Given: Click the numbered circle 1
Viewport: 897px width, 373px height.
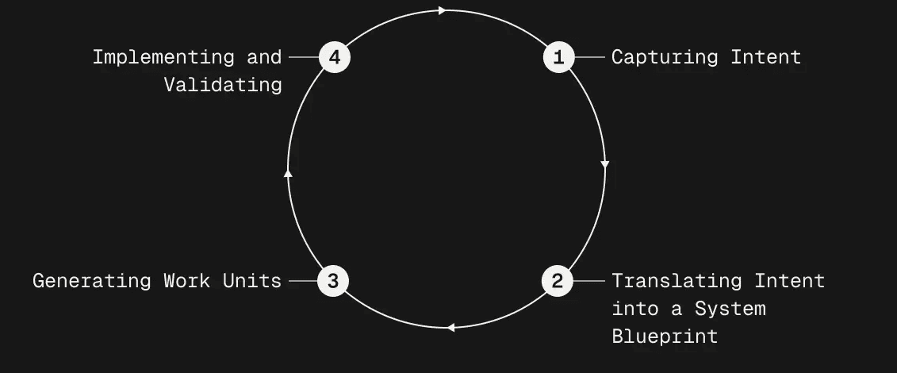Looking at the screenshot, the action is click(x=558, y=57).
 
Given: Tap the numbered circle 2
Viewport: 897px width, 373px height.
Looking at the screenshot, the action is click(x=558, y=281).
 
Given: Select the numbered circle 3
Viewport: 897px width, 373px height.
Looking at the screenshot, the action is click(x=333, y=281).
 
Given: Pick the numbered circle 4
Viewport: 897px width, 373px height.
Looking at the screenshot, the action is click(x=334, y=57).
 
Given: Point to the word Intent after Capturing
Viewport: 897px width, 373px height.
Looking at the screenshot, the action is click(x=766, y=57).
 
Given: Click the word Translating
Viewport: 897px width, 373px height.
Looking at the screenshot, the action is click(x=677, y=282).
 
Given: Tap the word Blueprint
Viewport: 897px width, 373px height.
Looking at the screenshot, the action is click(x=665, y=336).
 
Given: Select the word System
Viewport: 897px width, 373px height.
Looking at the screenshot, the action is click(x=730, y=310).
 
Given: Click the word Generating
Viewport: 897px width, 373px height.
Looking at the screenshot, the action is click(x=92, y=282).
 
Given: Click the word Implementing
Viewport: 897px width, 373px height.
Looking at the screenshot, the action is click(x=163, y=58).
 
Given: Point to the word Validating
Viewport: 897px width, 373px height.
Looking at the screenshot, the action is click(x=223, y=85).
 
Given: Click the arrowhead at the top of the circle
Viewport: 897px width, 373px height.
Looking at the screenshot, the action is click(x=443, y=10).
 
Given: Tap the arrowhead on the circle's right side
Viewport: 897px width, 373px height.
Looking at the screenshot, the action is click(x=605, y=165).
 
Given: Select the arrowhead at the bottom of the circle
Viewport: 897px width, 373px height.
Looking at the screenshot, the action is click(x=450, y=328).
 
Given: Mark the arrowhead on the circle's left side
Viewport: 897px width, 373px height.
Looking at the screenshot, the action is click(x=289, y=172).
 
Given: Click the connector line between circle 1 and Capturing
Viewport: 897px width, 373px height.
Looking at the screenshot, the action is click(x=589, y=57).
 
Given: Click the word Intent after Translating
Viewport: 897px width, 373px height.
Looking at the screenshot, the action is click(x=789, y=281).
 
